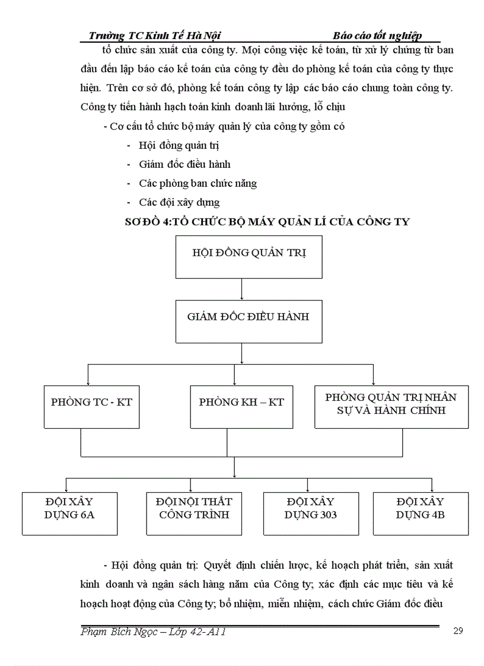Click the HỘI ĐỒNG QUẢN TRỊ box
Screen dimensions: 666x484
pos(241,256)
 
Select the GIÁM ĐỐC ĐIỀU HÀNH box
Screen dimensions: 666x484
pos(241,321)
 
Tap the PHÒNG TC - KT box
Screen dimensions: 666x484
pos(92,406)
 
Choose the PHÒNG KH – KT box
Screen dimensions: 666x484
pos(241,406)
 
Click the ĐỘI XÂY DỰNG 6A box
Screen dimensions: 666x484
pos(69,513)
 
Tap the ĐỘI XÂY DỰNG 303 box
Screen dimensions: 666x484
pos(311,513)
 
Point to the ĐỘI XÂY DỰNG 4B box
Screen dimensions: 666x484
pos(421,513)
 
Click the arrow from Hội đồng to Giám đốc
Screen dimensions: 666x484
pos(241,289)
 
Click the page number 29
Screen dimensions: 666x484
pos(457,630)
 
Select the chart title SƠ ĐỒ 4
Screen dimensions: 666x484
pos(268,221)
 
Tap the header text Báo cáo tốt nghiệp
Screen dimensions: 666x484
pos(377,36)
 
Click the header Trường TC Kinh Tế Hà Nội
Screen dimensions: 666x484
pos(155,36)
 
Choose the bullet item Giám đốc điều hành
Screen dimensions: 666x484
pos(184,164)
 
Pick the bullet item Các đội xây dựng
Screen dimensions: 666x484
pos(179,202)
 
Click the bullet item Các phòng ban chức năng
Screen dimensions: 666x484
pos(198,183)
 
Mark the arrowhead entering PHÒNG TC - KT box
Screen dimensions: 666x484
pos(88,382)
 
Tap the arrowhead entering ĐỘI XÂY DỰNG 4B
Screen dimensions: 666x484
pos(432,489)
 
